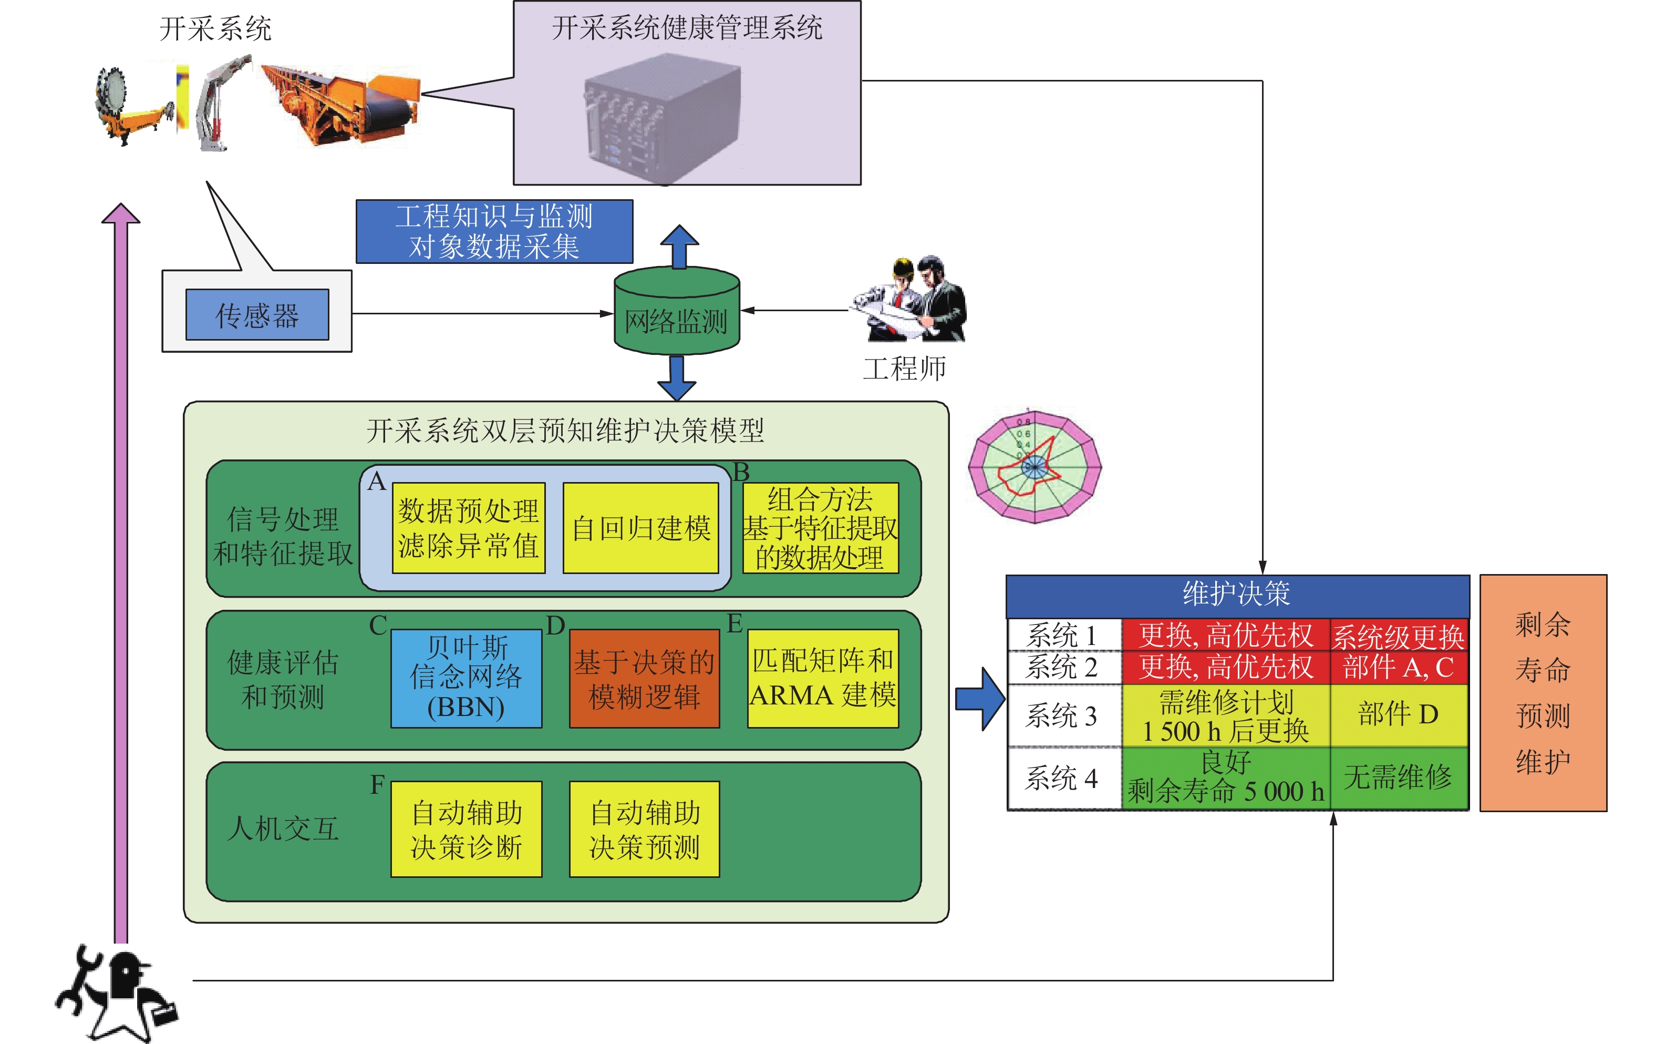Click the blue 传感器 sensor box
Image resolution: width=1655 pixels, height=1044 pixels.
tap(257, 315)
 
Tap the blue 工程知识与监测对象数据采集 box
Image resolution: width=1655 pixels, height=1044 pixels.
tap(494, 231)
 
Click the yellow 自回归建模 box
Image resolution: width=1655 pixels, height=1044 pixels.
tap(640, 528)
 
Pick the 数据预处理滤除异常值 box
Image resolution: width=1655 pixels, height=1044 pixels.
tap(468, 528)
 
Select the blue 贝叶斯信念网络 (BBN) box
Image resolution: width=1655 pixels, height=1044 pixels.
tap(466, 678)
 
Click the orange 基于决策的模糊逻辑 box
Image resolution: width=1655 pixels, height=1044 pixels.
tap(644, 679)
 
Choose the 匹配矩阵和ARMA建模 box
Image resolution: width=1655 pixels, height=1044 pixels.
tap(823, 678)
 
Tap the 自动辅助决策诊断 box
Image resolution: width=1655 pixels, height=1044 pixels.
tap(466, 829)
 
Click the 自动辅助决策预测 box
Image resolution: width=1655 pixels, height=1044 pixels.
tap(644, 829)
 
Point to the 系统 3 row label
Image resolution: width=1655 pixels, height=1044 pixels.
tap(1062, 716)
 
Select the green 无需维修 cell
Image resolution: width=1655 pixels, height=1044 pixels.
tap(1398, 778)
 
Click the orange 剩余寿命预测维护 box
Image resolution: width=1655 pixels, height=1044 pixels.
tap(1543, 692)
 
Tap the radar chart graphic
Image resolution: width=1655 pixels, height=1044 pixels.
tap(1035, 467)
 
